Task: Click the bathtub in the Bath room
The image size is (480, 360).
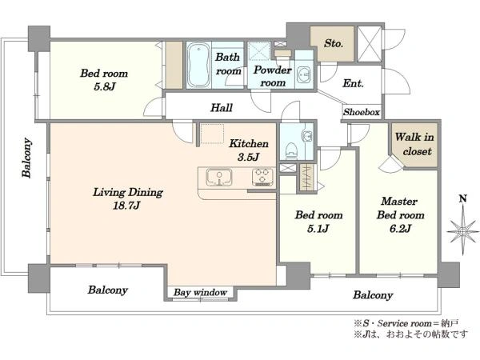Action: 198,65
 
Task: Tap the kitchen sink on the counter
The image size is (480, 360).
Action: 219,178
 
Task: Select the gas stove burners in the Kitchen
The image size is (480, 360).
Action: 263,177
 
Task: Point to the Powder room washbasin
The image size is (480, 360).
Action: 304,74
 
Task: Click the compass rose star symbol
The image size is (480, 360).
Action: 463,231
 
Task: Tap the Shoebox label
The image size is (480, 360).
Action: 362,112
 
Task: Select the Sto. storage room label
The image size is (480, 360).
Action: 333,43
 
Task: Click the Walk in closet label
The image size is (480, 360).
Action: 414,144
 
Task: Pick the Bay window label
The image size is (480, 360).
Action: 200,292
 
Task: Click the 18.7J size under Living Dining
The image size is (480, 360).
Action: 126,206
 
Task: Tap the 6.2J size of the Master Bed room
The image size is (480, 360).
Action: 400,228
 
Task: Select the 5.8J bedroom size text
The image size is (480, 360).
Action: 104,87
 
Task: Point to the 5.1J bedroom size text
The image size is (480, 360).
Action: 318,228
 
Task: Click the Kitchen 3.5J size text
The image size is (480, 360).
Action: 248,157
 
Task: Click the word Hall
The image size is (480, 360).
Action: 222,108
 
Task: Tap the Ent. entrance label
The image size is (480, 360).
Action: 354,83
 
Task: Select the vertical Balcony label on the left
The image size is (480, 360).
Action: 27,158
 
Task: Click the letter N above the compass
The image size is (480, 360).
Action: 463,199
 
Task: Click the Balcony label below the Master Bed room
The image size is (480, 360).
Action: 373,295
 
